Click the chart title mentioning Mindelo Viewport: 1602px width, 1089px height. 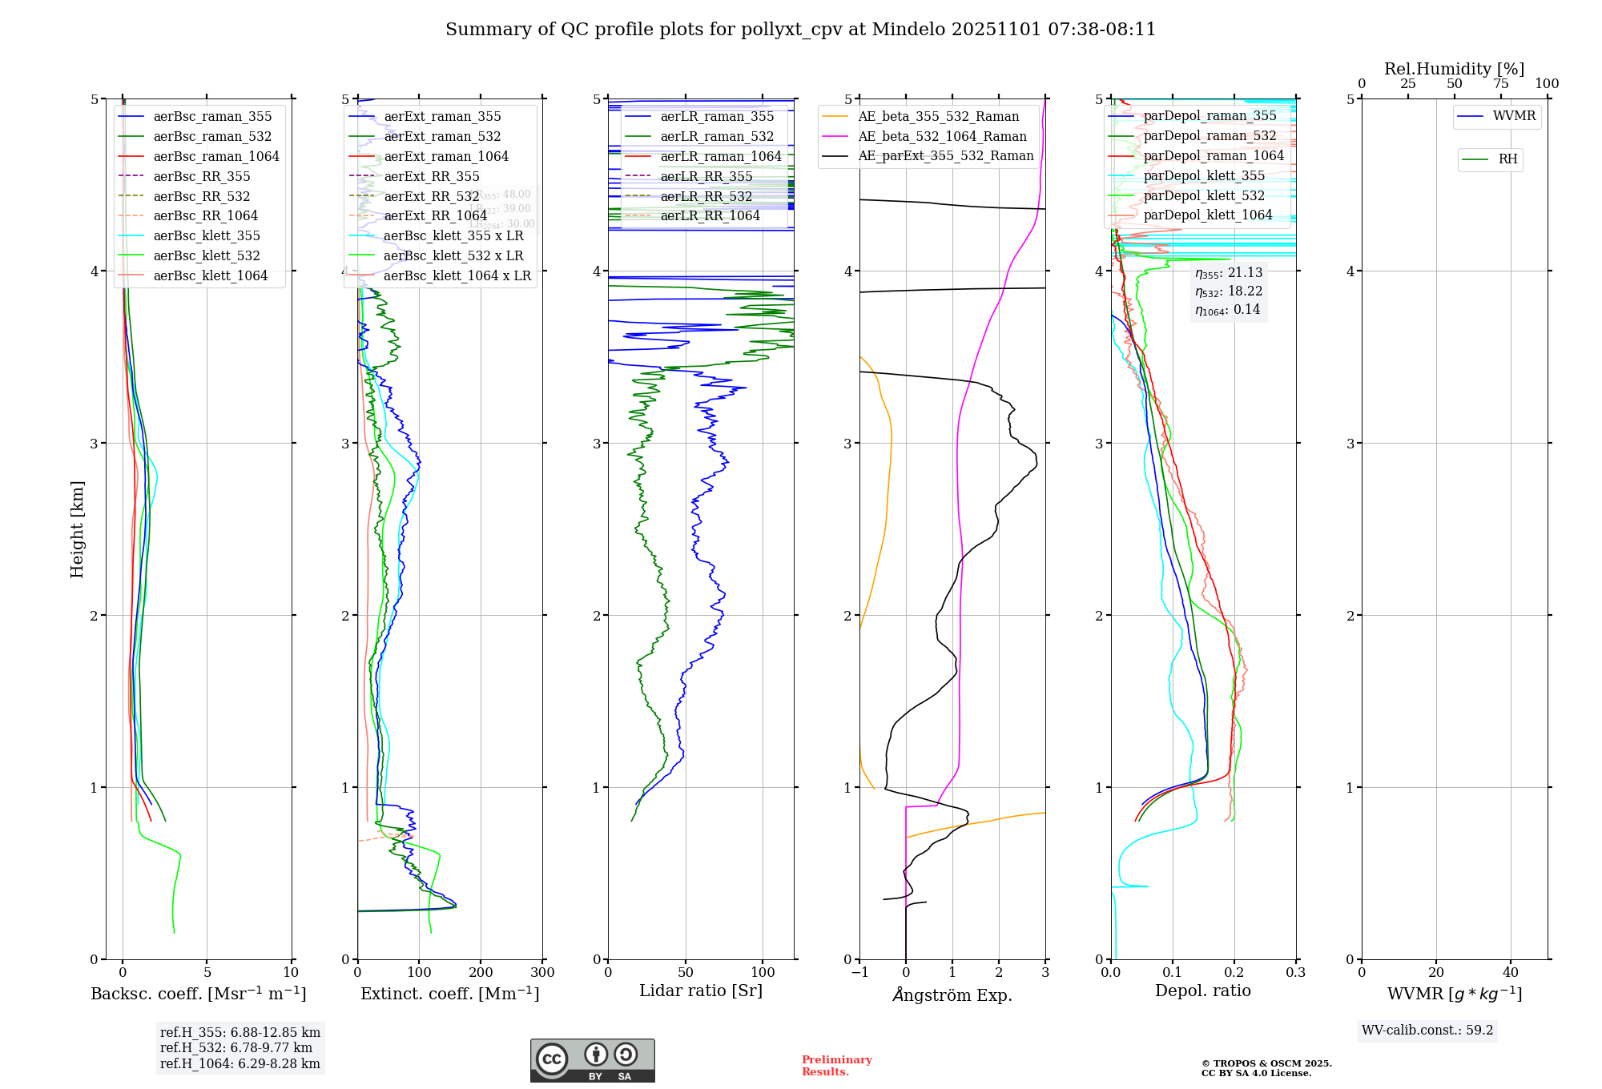(800, 30)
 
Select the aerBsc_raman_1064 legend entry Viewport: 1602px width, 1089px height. (216, 156)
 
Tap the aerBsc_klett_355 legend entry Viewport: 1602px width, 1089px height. (207, 235)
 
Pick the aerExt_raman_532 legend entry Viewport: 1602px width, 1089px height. (442, 136)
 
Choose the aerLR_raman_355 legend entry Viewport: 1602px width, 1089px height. (717, 116)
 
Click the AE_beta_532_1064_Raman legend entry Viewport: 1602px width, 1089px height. (942, 136)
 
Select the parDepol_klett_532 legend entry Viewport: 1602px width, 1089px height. (1204, 195)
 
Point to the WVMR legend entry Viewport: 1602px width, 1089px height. (1514, 116)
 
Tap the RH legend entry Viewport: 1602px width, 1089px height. (1507, 159)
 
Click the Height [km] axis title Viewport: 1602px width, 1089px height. (77, 528)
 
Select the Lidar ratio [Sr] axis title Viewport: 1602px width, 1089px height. (701, 991)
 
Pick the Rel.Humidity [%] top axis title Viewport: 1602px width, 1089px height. (1454, 69)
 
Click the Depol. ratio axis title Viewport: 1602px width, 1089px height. (1202, 991)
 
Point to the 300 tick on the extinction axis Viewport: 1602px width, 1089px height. (542, 973)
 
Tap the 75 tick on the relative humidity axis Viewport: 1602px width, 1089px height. (1500, 84)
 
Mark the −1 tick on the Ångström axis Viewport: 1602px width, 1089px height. (859, 973)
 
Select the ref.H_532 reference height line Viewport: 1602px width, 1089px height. (239, 1048)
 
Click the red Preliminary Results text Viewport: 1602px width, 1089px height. (836, 1066)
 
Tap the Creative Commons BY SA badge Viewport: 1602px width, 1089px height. (592, 1060)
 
